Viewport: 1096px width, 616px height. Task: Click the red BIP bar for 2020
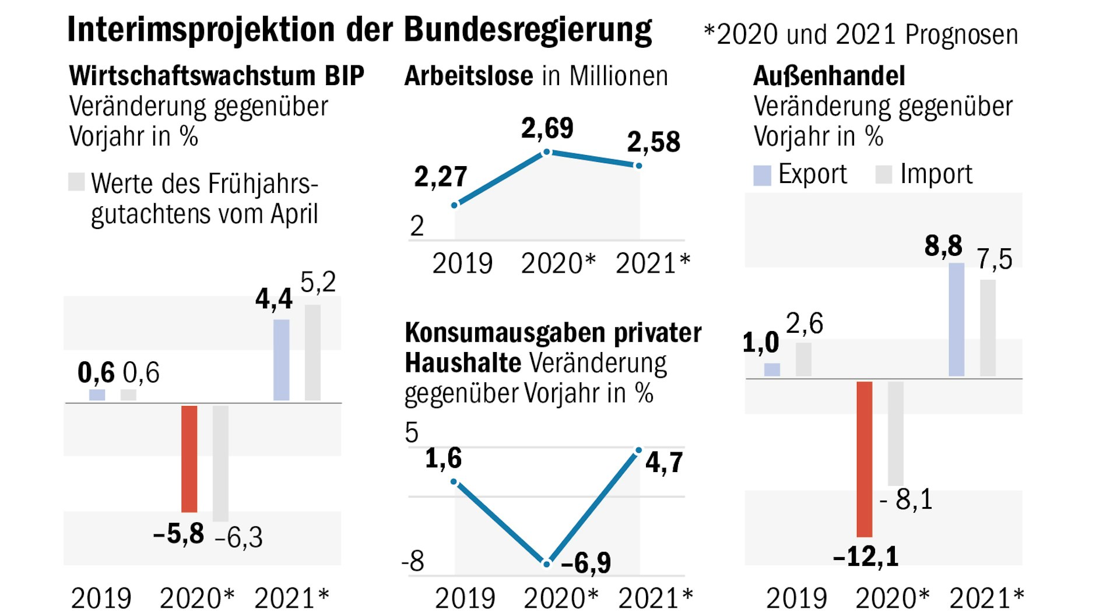189,459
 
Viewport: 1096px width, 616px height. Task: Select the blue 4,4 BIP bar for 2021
281,360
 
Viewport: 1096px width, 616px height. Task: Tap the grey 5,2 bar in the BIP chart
312,352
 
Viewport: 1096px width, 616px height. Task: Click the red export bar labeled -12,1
864,459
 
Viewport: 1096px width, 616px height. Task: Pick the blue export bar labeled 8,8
956,319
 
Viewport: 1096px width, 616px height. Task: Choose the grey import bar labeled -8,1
895,433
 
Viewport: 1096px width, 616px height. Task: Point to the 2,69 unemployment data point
547,152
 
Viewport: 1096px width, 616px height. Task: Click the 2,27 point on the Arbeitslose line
455,205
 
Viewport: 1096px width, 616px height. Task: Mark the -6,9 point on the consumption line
547,564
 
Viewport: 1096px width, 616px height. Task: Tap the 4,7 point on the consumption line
638,450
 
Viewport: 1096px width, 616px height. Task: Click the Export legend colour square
762,175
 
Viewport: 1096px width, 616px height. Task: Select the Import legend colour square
884,174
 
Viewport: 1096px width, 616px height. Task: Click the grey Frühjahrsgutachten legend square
76,182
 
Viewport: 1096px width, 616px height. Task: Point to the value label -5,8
178,533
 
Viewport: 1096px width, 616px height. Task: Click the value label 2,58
654,142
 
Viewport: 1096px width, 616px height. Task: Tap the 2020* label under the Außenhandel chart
891,599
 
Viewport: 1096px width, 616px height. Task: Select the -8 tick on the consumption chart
413,562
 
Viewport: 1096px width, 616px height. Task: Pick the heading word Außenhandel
829,76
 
